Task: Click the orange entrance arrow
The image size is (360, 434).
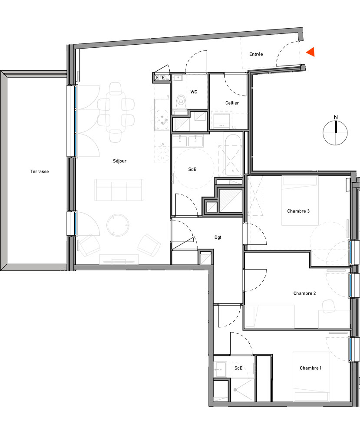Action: [x=310, y=52]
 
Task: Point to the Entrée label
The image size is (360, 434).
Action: [x=256, y=54]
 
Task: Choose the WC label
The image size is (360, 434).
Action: [x=194, y=92]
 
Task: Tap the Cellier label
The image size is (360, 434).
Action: [x=232, y=103]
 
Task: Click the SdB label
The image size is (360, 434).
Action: [x=192, y=170]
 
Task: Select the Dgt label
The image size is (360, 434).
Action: [x=218, y=237]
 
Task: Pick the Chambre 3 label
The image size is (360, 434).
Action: [x=298, y=211]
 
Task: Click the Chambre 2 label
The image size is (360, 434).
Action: [x=304, y=293]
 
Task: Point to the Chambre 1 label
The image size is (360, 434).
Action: [x=310, y=368]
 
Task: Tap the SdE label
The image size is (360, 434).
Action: [x=238, y=368]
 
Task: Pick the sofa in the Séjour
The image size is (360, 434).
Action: [x=119, y=189]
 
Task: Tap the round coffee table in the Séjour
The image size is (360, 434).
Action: [x=118, y=224]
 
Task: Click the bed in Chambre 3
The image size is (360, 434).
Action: [x=300, y=201]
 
